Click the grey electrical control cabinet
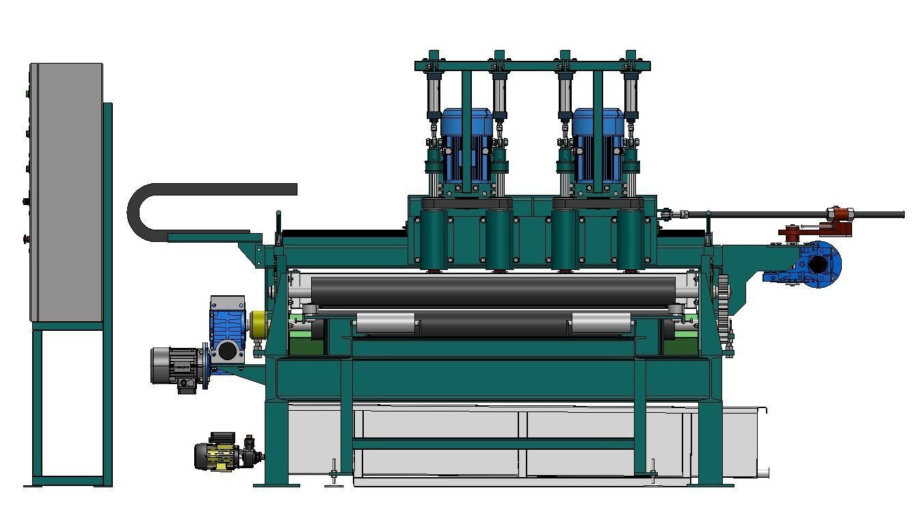pyautogui.click(x=66, y=191)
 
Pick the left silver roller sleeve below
pyautogui.click(x=385, y=323)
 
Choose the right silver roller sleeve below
pyautogui.click(x=601, y=323)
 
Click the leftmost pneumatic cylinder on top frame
pyautogui.click(x=433, y=96)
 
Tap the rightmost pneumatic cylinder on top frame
pyautogui.click(x=631, y=96)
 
